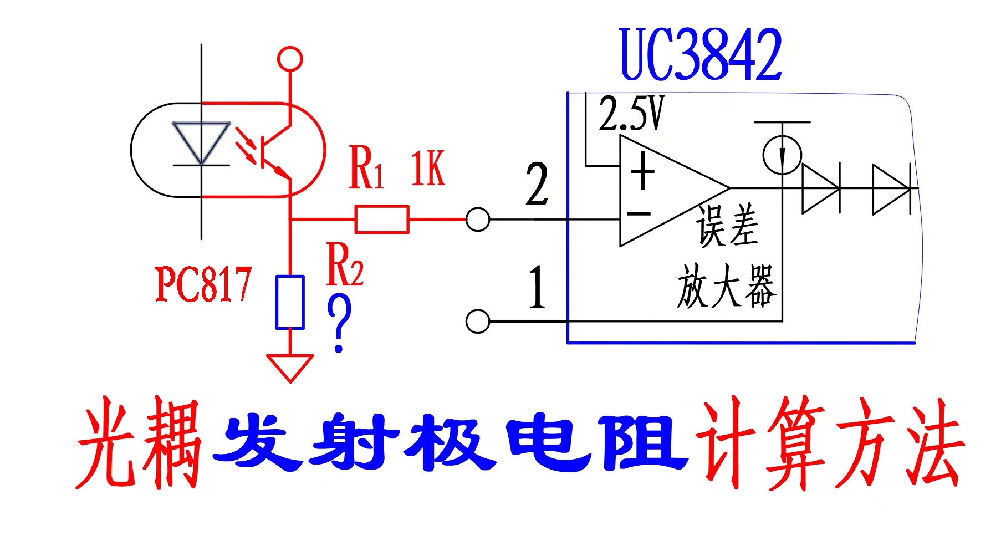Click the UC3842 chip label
coord(700,54)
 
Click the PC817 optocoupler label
coord(203,284)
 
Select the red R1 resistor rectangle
coord(382,219)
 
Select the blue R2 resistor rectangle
coord(290,302)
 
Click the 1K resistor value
coord(427,169)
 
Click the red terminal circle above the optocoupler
coord(290,59)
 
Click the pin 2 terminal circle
coord(477,219)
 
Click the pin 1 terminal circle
coord(477,321)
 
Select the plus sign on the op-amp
coord(643,171)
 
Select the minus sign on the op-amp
coord(639,213)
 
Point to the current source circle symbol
coord(782,155)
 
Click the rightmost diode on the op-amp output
coord(890,189)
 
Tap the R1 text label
coord(366,168)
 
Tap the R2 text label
coord(345,264)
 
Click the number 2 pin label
coord(537,185)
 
